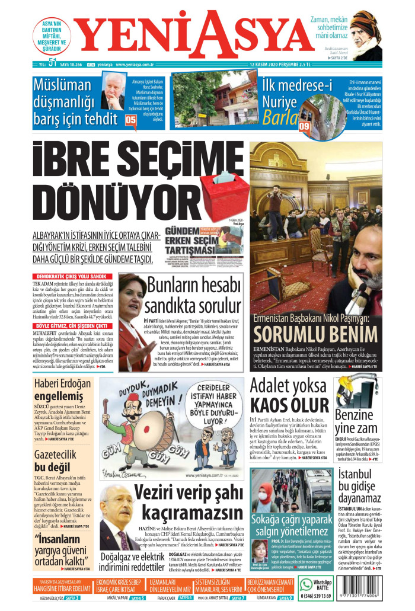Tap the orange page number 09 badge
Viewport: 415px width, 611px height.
[x=305, y=126]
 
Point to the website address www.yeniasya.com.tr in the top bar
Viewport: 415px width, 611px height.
[x=135, y=65]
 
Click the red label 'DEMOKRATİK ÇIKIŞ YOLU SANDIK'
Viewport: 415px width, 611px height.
[x=71, y=276]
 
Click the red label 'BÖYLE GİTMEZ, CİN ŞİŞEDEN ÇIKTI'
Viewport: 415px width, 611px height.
[x=71, y=326]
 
